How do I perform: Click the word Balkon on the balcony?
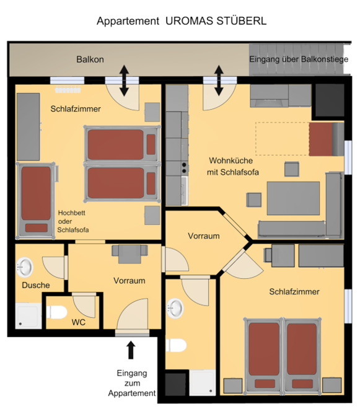coord(90,59)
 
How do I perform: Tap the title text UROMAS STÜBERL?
coord(216,21)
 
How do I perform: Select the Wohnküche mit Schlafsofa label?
coord(232,166)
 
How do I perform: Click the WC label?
coord(79,322)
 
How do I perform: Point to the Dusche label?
coord(36,285)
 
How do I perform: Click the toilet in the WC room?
coord(57,312)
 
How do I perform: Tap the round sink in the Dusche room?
coord(25,267)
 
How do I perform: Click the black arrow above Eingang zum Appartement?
coord(131,350)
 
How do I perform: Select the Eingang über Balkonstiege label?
coord(299,59)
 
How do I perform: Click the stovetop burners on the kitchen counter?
coord(184,168)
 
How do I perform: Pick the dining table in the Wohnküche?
coord(293,198)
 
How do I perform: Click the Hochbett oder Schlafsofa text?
coord(72,221)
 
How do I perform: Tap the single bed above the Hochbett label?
coord(36,200)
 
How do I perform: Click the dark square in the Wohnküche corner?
coord(330,100)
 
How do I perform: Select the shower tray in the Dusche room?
coord(28,315)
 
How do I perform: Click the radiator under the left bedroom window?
coord(68,90)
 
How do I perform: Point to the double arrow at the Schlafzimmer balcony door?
coord(125,81)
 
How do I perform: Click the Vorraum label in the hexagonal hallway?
coord(204,236)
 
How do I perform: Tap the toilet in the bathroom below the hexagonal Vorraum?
coord(177,345)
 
